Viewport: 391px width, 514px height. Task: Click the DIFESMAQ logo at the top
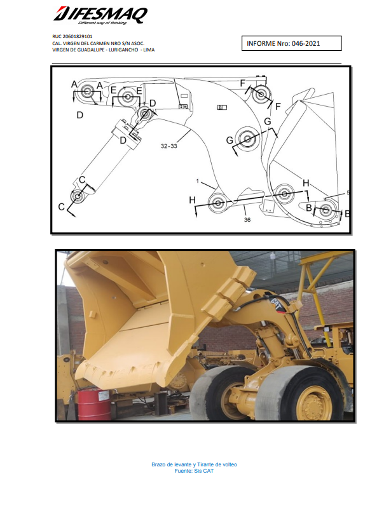click(100, 15)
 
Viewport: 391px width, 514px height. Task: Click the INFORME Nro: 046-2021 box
click(292, 43)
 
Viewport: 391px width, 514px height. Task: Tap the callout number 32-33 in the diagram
click(169, 146)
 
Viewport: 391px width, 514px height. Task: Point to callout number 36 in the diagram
click(247, 220)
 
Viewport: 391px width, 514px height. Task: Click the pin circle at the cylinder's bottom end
click(78, 196)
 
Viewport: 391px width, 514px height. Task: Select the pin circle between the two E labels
click(127, 97)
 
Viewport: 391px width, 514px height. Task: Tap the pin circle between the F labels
click(261, 95)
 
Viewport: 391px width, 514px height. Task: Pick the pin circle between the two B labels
click(325, 210)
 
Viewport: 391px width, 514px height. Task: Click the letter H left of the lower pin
click(192, 200)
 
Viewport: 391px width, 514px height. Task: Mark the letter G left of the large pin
click(230, 140)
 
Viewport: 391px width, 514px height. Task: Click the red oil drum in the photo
click(94, 403)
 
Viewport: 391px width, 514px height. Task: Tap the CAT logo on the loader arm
click(277, 304)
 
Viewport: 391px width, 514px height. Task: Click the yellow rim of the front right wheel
click(312, 403)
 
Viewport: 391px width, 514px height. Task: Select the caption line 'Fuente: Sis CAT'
click(194, 471)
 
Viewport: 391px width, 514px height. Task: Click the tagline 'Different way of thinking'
click(102, 23)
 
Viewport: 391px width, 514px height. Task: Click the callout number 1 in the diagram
click(198, 181)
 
